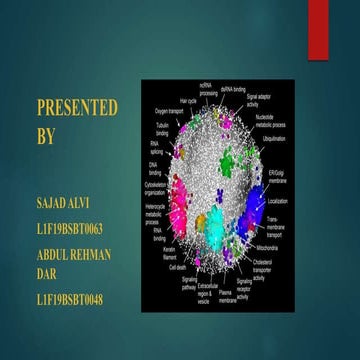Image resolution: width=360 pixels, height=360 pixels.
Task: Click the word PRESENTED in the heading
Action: click(x=77, y=107)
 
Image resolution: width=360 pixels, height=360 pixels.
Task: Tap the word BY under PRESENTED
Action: click(x=47, y=137)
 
